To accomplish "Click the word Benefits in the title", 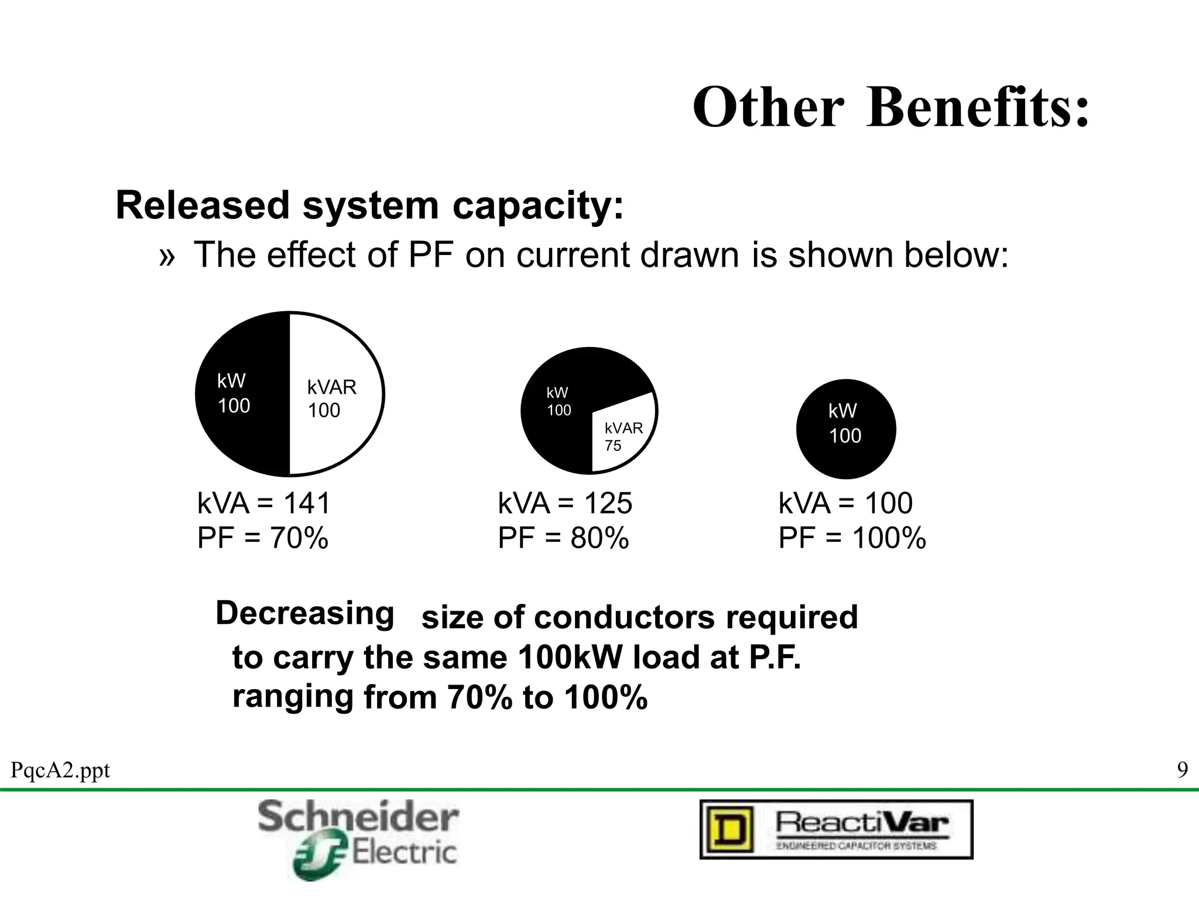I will point(978,108).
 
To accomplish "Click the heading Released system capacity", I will point(370,206).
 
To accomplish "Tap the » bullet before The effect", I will point(167,257).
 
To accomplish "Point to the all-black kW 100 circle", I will point(845,429).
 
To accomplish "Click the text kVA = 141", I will point(264,503).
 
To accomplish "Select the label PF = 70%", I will point(263,538).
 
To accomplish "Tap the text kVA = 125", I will point(565,503).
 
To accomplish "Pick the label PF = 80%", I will point(563,538).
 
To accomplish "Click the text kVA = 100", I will point(845,503).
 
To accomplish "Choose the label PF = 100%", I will point(852,538).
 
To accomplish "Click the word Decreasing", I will point(305,614).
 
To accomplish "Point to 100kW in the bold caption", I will point(571,657).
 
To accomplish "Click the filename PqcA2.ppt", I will point(60,770).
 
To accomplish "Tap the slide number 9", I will point(1182,770).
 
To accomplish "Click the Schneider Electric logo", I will point(358,839).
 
